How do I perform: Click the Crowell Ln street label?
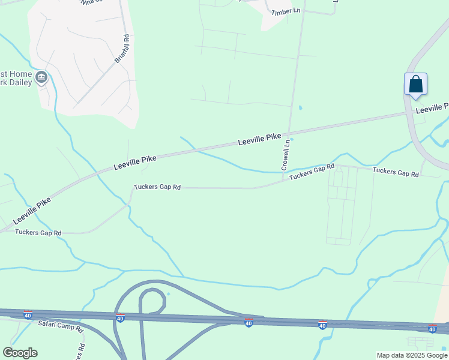[286, 154]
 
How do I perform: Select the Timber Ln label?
[285, 12]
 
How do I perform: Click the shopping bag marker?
[415, 85]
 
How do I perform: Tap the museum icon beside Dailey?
[41, 76]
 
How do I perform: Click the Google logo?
[20, 353]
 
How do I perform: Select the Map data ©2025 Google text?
[411, 355]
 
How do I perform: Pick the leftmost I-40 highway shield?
[28, 314]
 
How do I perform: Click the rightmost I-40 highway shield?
[432, 328]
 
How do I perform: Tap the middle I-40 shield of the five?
[249, 323]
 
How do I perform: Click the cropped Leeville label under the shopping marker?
[432, 108]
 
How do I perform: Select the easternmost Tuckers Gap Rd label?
[395, 172]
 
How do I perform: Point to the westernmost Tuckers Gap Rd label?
[38, 232]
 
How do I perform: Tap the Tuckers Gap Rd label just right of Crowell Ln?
[312, 172]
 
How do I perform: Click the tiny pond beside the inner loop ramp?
[169, 293]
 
